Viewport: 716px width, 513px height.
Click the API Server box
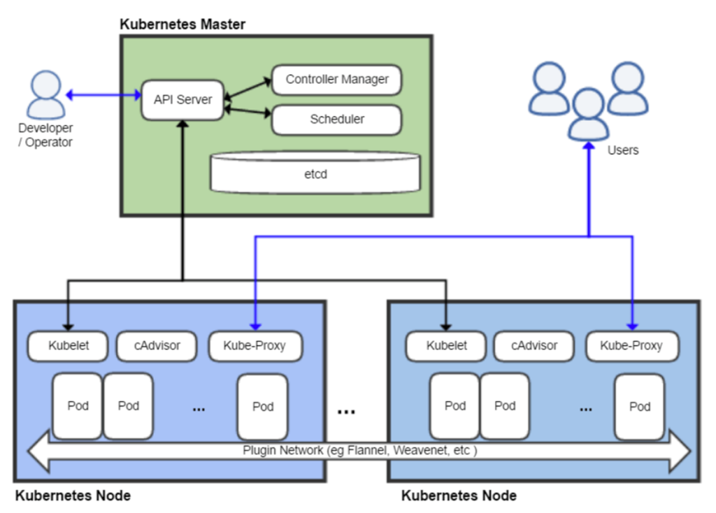[x=182, y=100]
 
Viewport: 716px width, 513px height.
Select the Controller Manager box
[x=336, y=80]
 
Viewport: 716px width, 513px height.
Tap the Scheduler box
[x=336, y=120]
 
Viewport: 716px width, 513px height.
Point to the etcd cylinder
[x=315, y=173]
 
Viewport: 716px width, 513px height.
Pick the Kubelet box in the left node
[x=68, y=345]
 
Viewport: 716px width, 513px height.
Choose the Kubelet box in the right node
[x=446, y=345]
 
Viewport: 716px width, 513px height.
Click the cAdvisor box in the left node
[x=157, y=345]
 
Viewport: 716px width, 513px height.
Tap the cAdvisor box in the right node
[x=534, y=345]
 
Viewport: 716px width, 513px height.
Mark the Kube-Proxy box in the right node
[x=632, y=346]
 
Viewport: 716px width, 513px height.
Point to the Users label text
[x=622, y=150]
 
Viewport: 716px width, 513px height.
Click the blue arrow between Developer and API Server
[x=103, y=94]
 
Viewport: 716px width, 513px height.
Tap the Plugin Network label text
[x=360, y=451]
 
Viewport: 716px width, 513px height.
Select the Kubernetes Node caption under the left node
[x=72, y=496]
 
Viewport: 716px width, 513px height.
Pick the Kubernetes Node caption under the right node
[x=459, y=496]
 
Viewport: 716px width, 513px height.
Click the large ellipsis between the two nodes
[x=346, y=412]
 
